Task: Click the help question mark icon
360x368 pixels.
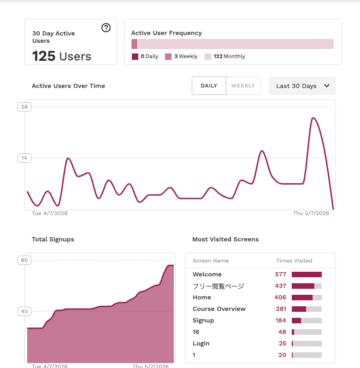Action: (106, 28)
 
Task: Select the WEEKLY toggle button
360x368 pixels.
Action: (243, 86)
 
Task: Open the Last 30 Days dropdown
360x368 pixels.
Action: (302, 86)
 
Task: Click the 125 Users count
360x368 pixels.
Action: (61, 56)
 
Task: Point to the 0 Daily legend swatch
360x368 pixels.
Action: (135, 57)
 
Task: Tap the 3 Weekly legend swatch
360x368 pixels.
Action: (168, 57)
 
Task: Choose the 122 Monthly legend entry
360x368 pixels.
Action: (225, 56)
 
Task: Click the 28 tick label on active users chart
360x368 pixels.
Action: (24, 107)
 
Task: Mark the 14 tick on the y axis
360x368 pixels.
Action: (24, 158)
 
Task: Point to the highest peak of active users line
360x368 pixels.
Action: (313, 118)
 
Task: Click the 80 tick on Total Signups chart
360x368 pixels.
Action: (24, 260)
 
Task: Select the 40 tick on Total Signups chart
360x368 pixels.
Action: (24, 311)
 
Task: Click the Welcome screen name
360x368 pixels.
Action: (207, 275)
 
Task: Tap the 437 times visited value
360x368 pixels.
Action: (281, 286)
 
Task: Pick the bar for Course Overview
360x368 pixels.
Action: (307, 309)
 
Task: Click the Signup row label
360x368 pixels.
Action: (203, 321)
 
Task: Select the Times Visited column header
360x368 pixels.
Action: (294, 261)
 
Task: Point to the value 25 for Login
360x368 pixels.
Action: (283, 343)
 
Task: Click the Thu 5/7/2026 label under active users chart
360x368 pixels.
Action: (311, 213)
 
